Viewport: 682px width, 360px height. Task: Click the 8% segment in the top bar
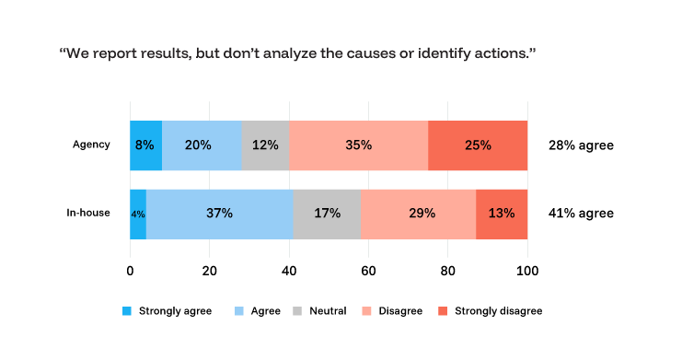coord(145,145)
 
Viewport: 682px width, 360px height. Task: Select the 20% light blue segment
coord(202,145)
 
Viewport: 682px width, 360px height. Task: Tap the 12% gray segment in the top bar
coord(265,145)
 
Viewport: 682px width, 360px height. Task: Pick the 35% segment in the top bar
coord(358,145)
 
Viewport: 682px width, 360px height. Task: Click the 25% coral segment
coord(478,145)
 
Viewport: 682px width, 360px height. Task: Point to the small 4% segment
coord(138,214)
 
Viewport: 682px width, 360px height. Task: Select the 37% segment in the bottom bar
coord(219,214)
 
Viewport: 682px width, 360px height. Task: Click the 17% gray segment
coord(327,214)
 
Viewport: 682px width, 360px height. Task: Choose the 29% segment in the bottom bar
coord(418,214)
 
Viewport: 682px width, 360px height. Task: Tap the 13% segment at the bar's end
coord(502,214)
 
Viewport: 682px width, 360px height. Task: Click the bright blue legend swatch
coord(127,311)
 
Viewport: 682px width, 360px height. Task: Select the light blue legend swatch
coord(239,311)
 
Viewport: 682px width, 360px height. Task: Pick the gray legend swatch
coord(297,311)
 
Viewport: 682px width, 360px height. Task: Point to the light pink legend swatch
coord(366,311)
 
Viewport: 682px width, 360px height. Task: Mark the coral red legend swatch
coord(443,311)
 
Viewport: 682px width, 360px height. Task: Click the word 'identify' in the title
coord(457,53)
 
